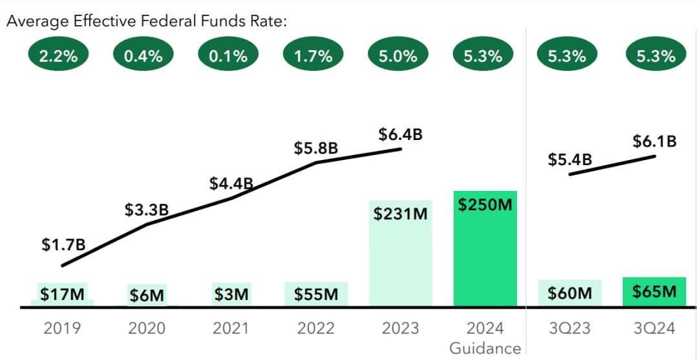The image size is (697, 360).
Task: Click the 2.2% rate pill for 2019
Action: (x=58, y=55)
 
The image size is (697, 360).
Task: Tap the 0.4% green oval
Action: (x=143, y=55)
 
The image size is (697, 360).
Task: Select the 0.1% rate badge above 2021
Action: (x=228, y=55)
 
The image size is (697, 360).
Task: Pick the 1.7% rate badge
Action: (x=313, y=55)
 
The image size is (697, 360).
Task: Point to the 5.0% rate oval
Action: (x=398, y=55)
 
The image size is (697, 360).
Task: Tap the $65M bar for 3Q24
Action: (x=655, y=292)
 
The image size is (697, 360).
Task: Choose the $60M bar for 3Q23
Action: (x=570, y=294)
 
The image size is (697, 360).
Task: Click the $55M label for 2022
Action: (x=316, y=294)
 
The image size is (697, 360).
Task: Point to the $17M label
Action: (x=62, y=294)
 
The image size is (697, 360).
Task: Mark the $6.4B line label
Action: (x=400, y=135)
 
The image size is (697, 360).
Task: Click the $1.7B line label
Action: (x=63, y=245)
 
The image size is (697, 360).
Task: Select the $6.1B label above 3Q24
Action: (x=654, y=141)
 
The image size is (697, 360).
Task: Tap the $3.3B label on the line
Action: (x=146, y=210)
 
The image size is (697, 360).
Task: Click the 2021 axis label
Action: (x=231, y=328)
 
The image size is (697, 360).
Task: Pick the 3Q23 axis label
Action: (x=570, y=328)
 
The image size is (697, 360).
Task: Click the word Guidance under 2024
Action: (x=485, y=348)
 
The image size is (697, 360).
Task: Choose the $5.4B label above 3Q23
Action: (x=570, y=159)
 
